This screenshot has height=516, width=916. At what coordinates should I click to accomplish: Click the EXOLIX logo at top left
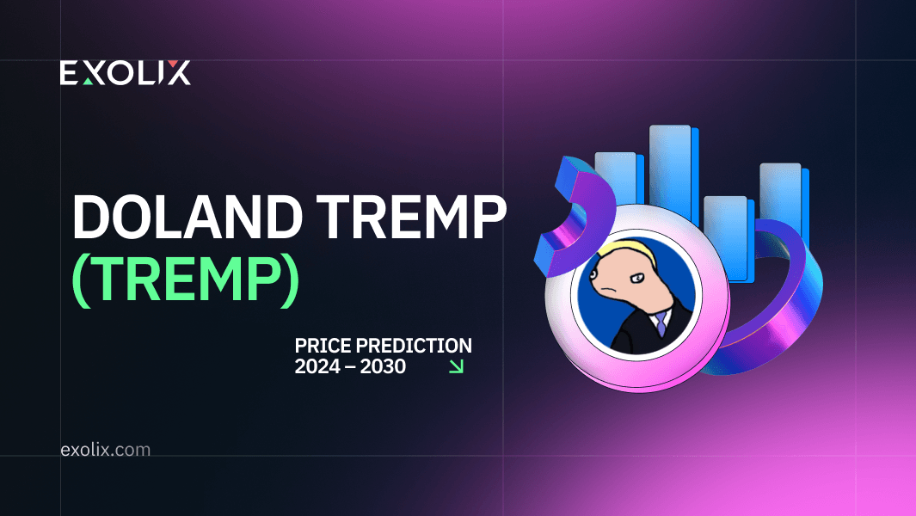click(125, 73)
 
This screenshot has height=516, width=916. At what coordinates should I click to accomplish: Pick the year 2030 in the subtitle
click(383, 366)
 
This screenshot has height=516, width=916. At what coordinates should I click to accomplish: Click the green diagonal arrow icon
click(457, 366)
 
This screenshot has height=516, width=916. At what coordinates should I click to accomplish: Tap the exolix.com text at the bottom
click(106, 449)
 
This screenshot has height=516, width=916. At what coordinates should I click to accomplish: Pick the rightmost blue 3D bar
click(780, 198)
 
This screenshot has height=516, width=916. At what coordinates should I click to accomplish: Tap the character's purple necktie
click(659, 325)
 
